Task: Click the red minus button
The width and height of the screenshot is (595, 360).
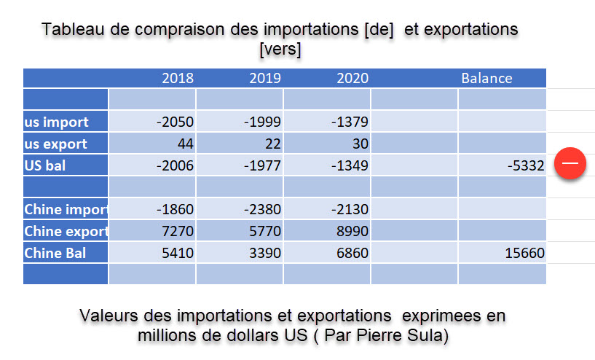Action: click(x=570, y=164)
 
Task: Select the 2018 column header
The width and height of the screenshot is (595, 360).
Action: click(x=178, y=78)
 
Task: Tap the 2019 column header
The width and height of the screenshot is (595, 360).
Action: click(x=265, y=78)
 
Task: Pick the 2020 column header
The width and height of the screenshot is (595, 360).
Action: click(x=352, y=78)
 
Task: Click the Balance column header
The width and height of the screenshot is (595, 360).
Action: click(x=486, y=78)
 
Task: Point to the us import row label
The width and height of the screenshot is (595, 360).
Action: click(x=57, y=122)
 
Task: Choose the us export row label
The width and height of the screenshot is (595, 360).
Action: click(x=56, y=144)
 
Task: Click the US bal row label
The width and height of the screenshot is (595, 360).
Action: click(x=45, y=165)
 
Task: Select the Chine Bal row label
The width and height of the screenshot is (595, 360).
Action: click(x=55, y=253)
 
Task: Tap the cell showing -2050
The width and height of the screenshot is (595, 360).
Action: click(x=175, y=122)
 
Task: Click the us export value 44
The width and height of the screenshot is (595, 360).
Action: click(x=185, y=144)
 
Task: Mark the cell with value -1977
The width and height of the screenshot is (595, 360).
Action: click(x=262, y=165)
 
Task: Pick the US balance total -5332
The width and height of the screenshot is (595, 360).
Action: click(x=526, y=165)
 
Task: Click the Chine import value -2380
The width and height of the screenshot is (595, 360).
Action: click(x=262, y=210)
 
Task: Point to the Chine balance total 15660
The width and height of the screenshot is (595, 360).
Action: click(x=524, y=253)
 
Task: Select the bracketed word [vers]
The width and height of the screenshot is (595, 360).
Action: click(x=280, y=50)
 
